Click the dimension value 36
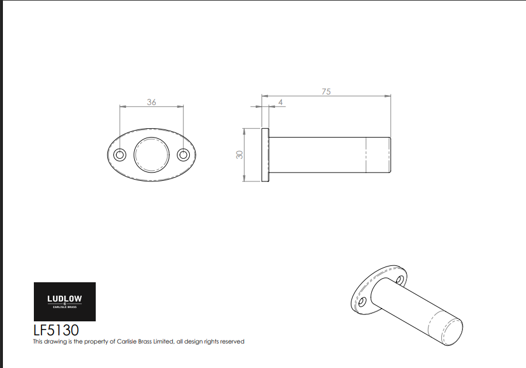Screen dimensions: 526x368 pyautogui.click(x=152, y=102)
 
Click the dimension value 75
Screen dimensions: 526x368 pyautogui.click(x=326, y=92)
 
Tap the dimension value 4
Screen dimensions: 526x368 pyautogui.click(x=280, y=102)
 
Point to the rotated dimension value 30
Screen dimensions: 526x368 pyautogui.click(x=239, y=155)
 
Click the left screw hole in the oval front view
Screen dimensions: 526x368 pyautogui.click(x=120, y=155)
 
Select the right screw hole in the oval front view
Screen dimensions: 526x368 pyautogui.click(x=183, y=155)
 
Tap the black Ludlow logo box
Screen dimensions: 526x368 pyautogui.click(x=65, y=302)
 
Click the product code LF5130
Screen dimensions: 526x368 pyautogui.click(x=56, y=330)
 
